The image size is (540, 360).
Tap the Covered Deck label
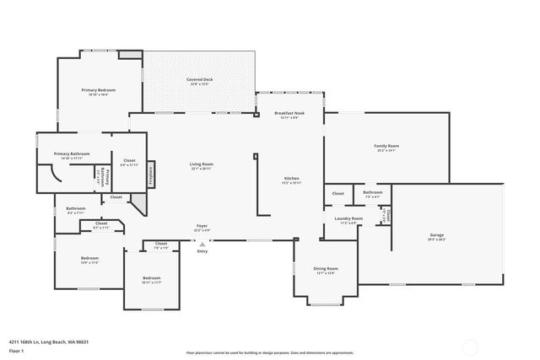coord(200,81)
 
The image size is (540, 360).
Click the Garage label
coord(436,237)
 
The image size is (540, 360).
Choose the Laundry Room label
coord(348,220)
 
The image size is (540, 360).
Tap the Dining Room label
coord(326,270)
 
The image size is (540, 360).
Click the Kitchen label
coord(291,180)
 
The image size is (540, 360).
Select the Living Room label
coord(201,166)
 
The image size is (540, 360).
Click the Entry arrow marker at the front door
coord(202,244)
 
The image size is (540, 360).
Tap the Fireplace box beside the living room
coord(151,174)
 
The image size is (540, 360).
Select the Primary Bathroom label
coord(72,155)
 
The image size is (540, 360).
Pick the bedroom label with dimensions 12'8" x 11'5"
coord(90,260)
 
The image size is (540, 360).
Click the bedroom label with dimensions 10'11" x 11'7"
coord(151,280)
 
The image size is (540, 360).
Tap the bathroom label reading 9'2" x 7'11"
coord(76,210)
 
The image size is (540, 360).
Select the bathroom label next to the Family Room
coord(372,194)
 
